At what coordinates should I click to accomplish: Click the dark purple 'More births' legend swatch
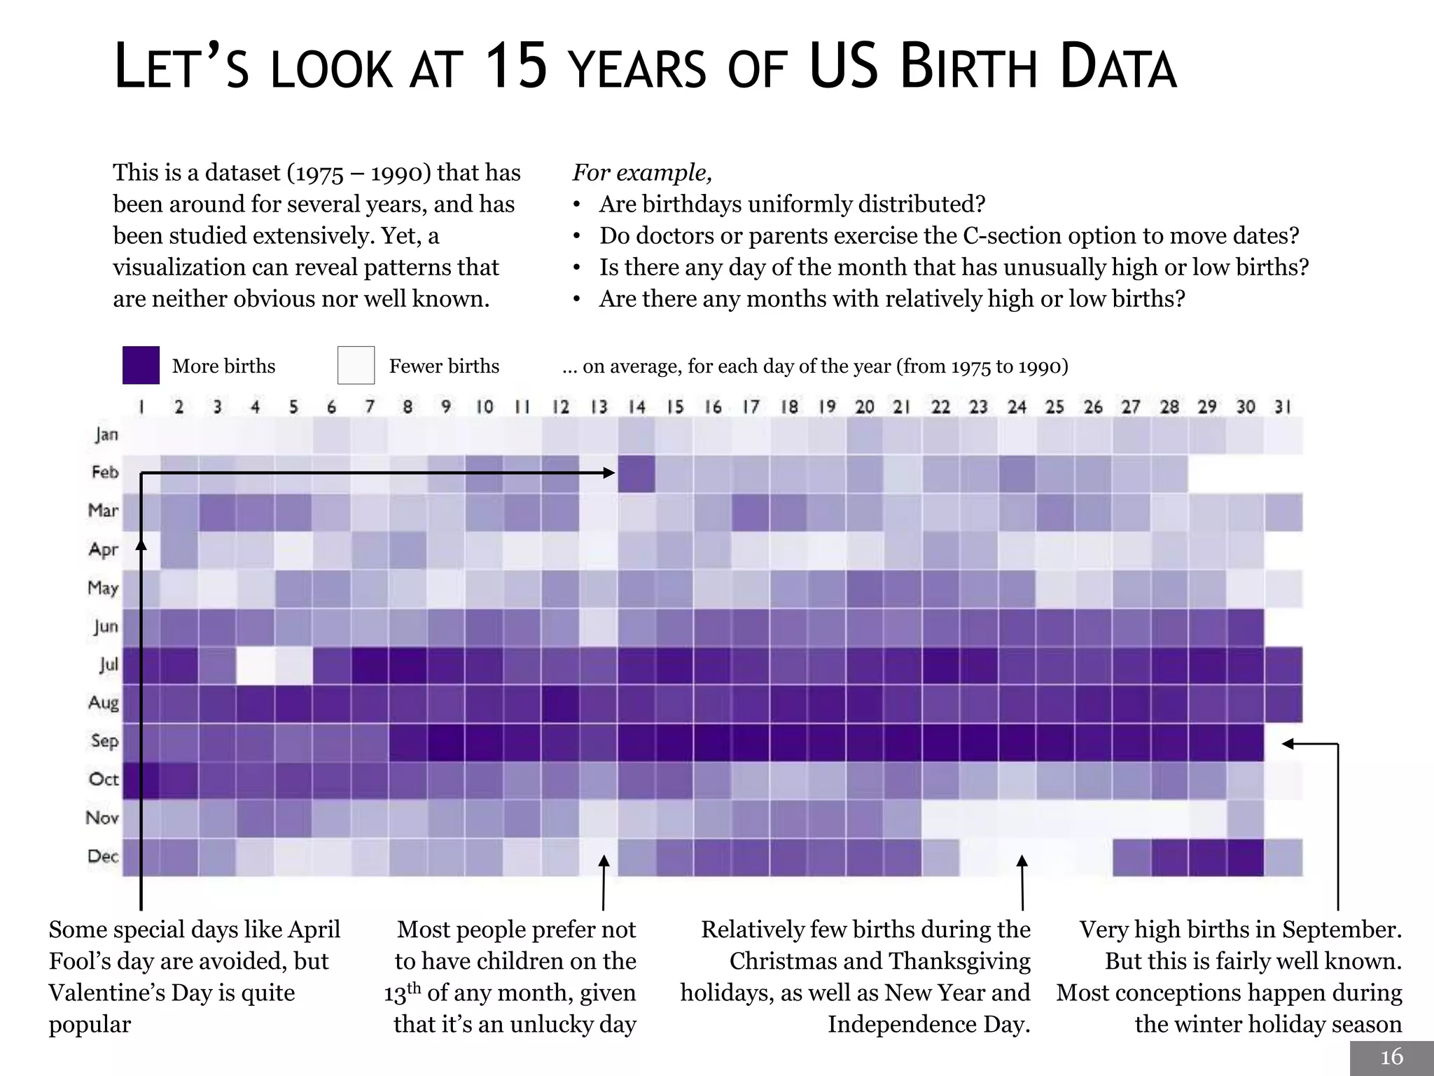coord(141,365)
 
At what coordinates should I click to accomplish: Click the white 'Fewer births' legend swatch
coord(356,365)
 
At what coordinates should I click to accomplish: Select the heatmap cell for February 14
coord(636,474)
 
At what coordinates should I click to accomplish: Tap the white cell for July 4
coord(255,665)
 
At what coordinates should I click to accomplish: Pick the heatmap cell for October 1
coord(141,780)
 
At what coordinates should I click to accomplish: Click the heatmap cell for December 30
coord(1245,857)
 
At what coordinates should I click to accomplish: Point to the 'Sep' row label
coord(104,741)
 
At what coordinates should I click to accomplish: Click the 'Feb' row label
coord(104,472)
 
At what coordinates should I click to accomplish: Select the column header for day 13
coord(599,407)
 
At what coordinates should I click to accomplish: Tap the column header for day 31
coord(1283,407)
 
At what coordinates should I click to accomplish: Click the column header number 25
coord(1054,407)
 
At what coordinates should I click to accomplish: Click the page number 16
coord(1391,1057)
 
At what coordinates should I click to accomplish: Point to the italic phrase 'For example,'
coord(642,172)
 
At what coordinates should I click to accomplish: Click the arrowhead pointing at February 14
coord(609,474)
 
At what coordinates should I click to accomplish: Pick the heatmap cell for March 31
coord(1283,512)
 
